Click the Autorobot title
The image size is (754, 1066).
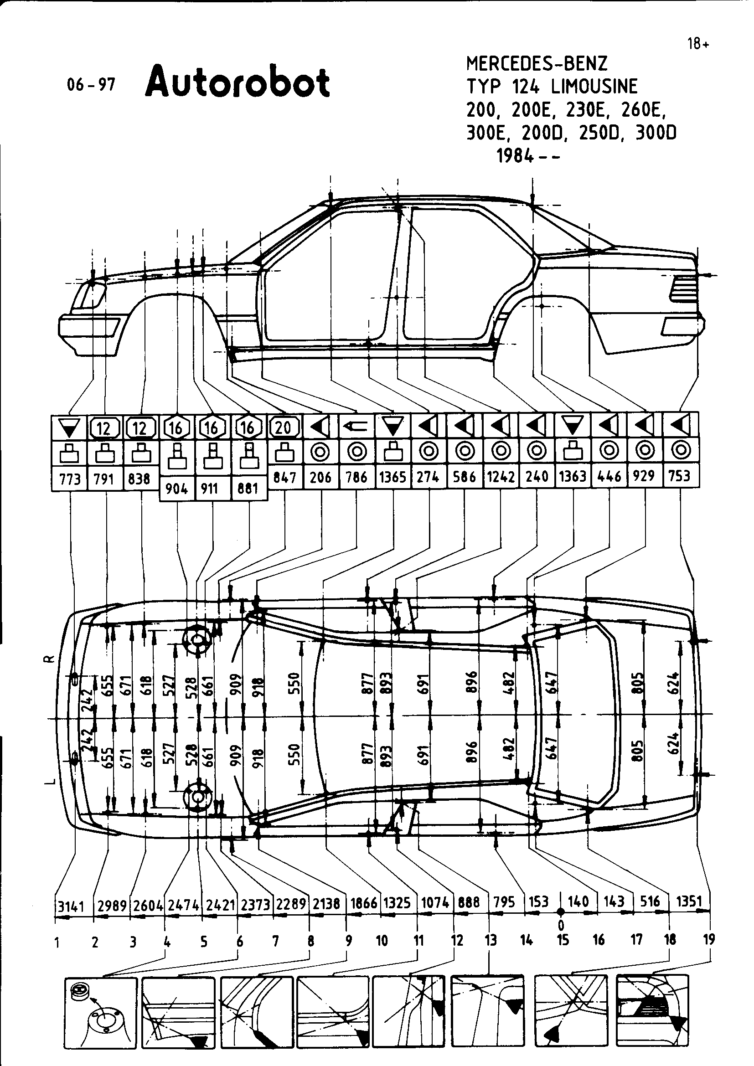click(237, 82)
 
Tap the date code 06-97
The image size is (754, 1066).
click(91, 84)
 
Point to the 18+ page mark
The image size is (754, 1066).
click(698, 44)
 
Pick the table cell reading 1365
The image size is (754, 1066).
click(393, 477)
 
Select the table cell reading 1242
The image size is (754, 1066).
click(501, 477)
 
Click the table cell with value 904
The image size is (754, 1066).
click(176, 489)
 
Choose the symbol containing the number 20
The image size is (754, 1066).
click(284, 427)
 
